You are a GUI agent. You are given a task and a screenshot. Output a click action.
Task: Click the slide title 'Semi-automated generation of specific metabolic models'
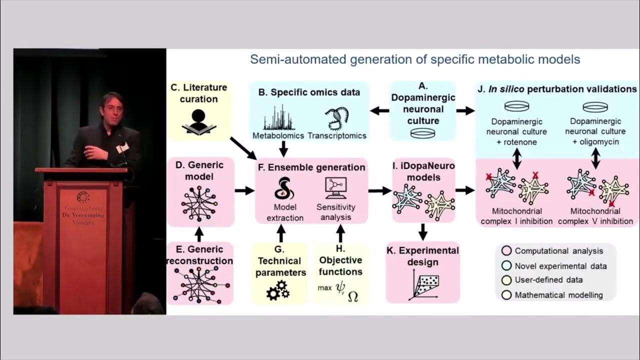[414, 59]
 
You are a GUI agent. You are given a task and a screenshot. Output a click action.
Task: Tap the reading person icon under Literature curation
[199, 121]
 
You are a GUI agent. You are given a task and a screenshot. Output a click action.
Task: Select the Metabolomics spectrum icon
[278, 118]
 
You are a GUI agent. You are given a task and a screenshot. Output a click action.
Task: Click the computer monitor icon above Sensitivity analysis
[335, 188]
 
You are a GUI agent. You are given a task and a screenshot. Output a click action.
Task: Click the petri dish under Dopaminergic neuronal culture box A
[422, 133]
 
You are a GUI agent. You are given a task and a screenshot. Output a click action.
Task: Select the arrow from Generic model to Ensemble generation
[244, 190]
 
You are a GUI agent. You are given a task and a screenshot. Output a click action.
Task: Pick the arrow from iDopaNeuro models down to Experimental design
[422, 231]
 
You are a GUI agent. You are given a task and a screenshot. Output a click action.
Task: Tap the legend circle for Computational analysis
[506, 251]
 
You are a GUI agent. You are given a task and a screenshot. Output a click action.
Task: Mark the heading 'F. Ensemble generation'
[311, 167]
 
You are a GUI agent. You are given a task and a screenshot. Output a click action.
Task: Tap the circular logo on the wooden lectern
[83, 197]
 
